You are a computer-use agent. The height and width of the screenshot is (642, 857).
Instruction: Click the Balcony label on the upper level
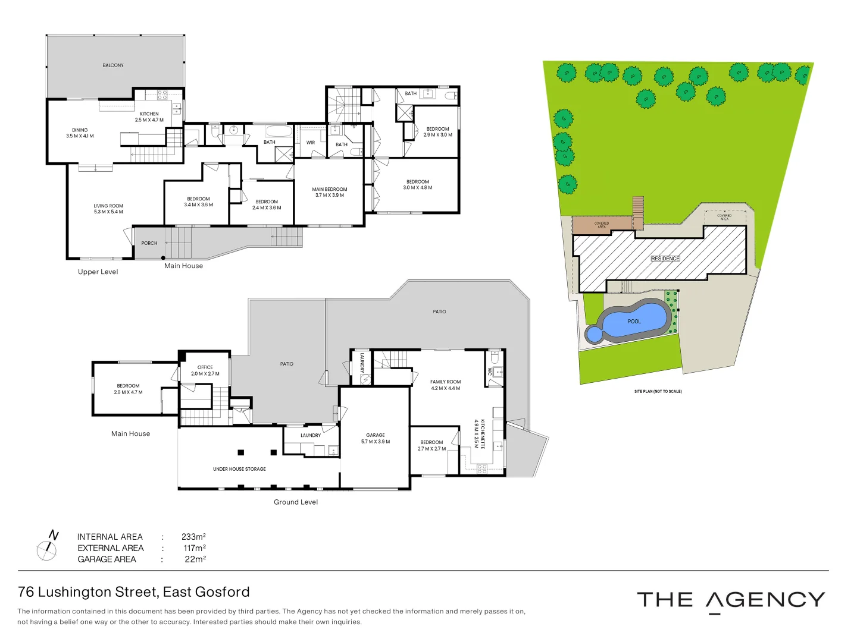(x=113, y=65)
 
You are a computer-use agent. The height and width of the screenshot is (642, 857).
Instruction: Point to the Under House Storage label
(x=239, y=469)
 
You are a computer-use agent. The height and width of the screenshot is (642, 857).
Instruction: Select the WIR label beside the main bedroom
(x=311, y=143)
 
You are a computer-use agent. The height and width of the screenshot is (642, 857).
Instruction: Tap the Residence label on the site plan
(x=665, y=259)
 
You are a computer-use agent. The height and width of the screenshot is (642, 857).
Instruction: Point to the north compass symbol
(x=47, y=546)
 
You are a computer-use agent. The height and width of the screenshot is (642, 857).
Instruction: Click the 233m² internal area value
(x=193, y=537)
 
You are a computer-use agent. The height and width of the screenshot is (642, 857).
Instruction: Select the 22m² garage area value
(x=195, y=559)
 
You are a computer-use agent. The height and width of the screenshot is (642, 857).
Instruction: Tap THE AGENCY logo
(x=731, y=600)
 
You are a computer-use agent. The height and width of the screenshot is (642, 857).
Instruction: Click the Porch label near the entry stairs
(x=149, y=243)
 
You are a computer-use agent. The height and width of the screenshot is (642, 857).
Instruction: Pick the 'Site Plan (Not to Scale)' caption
(x=658, y=391)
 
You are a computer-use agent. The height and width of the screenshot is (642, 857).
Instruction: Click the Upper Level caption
(x=98, y=272)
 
